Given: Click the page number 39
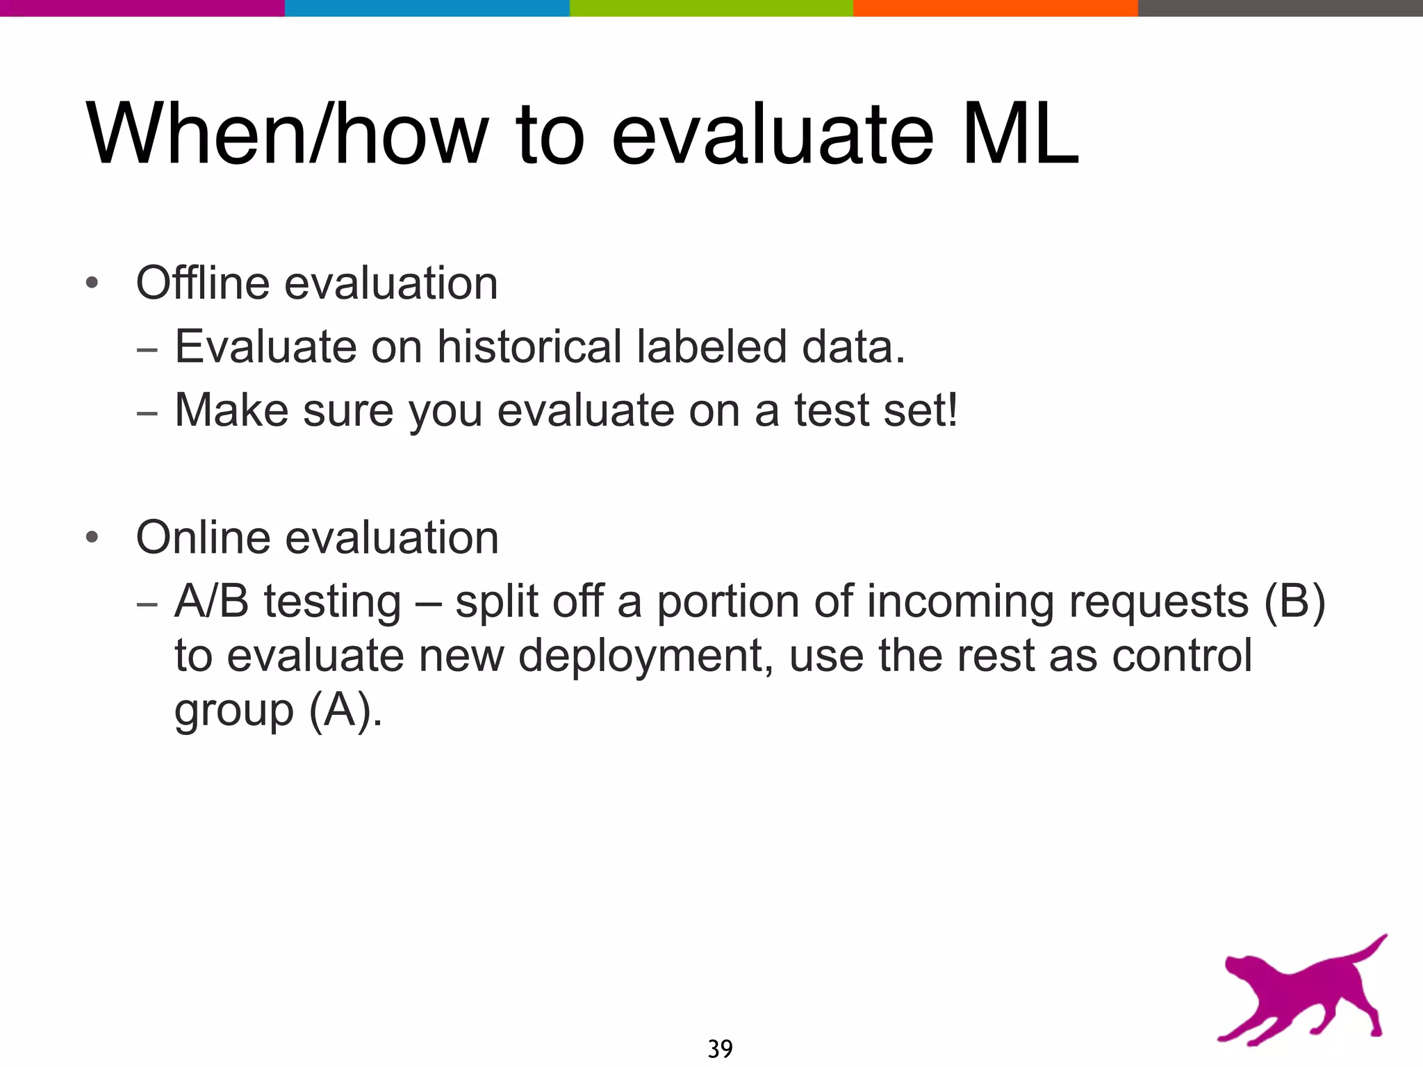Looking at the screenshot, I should click(x=720, y=1048).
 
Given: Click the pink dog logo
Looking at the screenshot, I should click(x=1299, y=993).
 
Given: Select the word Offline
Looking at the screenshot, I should click(x=202, y=283).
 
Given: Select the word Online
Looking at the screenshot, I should click(x=202, y=538).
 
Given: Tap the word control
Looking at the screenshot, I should click(x=1182, y=656).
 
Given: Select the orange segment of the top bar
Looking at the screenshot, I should click(x=995, y=8).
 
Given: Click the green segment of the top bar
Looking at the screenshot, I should click(x=711, y=8).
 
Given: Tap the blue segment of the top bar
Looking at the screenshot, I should click(x=427, y=8).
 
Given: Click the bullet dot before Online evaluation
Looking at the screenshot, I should click(x=92, y=538).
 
